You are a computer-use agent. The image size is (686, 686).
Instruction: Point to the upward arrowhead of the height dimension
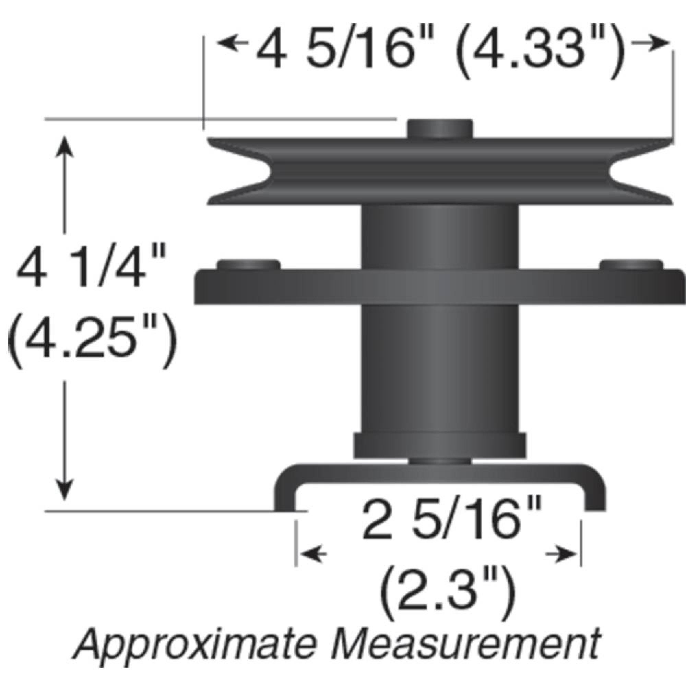coord(64,145)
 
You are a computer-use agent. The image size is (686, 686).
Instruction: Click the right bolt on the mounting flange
coord(631,264)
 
